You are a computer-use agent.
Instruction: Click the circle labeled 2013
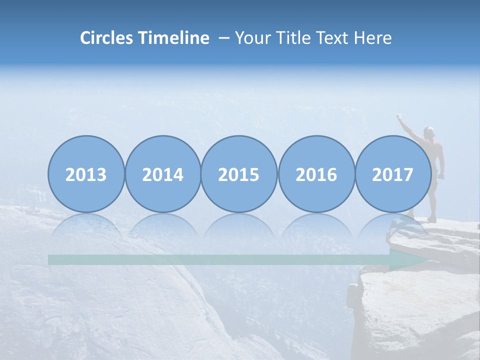86,174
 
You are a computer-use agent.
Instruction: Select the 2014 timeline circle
162,174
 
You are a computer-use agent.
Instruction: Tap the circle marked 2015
239,174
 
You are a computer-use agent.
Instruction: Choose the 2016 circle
316,174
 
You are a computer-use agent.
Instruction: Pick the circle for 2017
393,174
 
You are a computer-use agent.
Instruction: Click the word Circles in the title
106,38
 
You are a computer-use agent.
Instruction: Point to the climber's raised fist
399,117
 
